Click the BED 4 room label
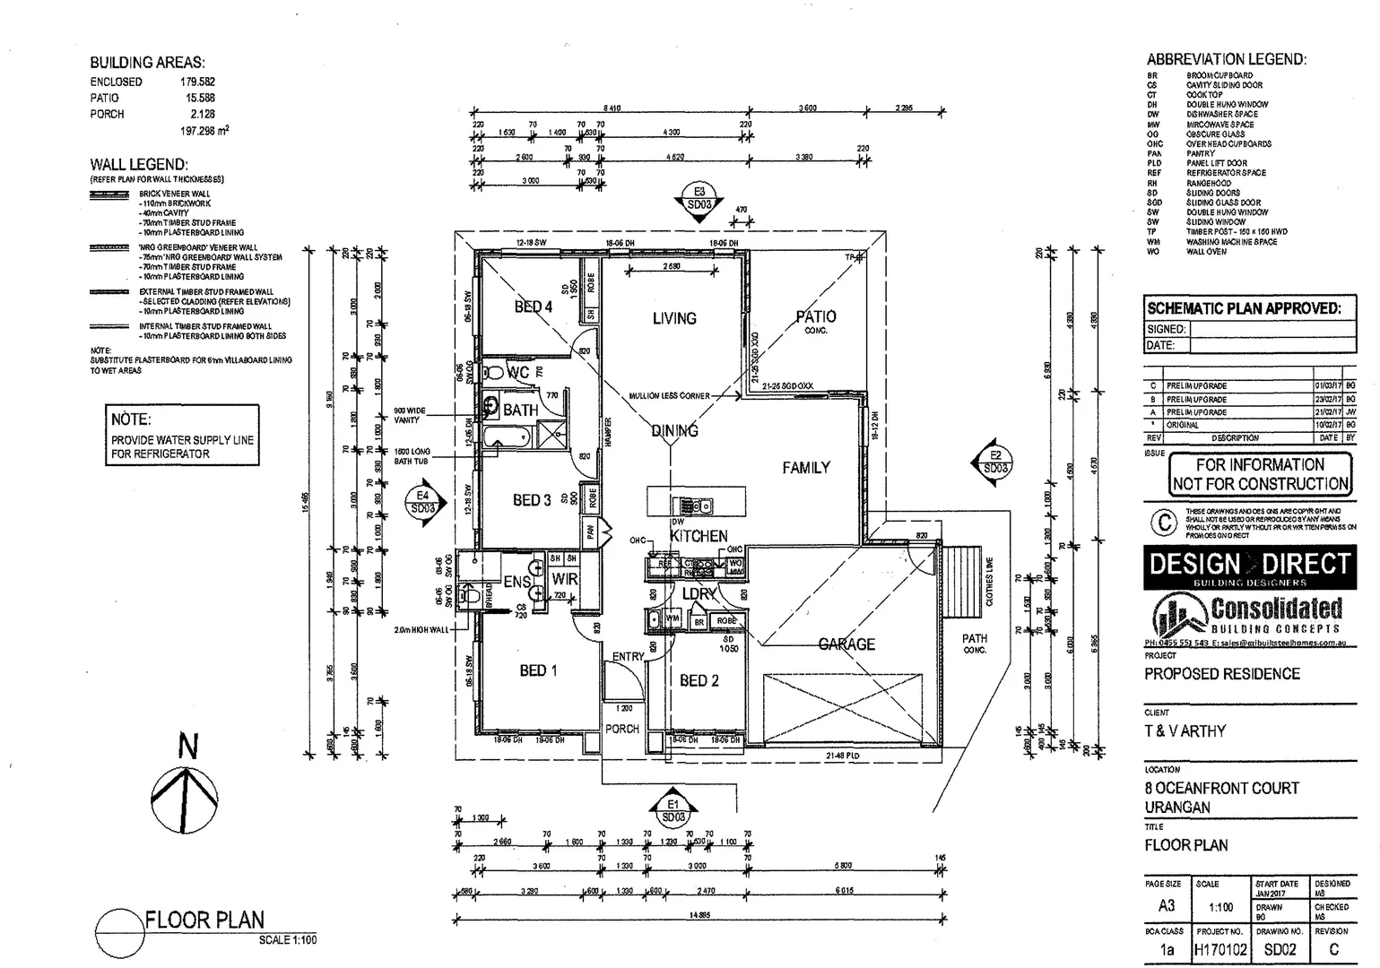click(x=533, y=307)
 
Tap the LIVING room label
click(x=673, y=318)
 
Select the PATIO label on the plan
click(x=815, y=317)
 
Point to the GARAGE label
click(x=846, y=644)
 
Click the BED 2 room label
click(x=699, y=681)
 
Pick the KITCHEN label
click(x=699, y=536)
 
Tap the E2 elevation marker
click(x=994, y=462)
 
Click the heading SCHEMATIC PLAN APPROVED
click(x=1244, y=308)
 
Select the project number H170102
click(x=1220, y=950)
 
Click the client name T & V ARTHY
click(x=1185, y=731)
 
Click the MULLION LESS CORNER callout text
click(x=669, y=395)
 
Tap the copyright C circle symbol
click(x=1163, y=523)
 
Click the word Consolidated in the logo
click(x=1276, y=609)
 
